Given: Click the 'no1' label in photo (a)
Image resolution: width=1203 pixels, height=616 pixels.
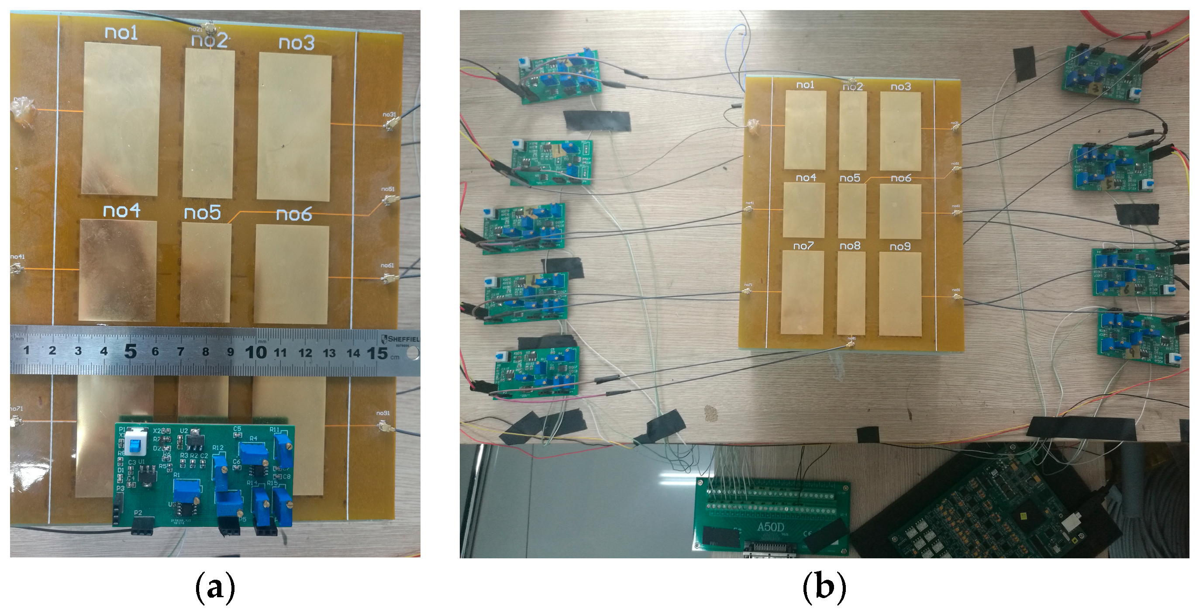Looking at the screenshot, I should click(x=121, y=33).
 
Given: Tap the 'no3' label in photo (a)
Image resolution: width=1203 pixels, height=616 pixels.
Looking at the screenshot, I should click(x=296, y=42).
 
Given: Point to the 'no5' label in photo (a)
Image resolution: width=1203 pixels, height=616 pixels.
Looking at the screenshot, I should click(x=202, y=213).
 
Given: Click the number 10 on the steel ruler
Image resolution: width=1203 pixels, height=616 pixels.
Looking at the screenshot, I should click(x=255, y=352).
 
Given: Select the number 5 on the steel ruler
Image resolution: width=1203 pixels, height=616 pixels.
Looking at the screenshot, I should click(x=130, y=351).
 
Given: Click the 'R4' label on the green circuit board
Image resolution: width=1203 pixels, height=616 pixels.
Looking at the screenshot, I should click(x=253, y=438).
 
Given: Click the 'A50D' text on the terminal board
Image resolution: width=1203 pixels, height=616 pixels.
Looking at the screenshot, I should click(x=770, y=527).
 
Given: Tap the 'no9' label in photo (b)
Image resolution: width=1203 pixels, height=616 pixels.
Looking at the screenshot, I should click(x=900, y=246).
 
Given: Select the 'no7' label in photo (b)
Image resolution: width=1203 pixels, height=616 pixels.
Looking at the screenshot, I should click(x=803, y=246).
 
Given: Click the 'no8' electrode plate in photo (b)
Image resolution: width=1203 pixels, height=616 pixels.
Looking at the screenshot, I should click(x=851, y=294).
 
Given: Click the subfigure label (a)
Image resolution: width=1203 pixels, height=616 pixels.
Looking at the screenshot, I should click(x=214, y=588).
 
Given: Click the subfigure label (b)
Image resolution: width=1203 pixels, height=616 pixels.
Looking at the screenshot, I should click(x=824, y=588).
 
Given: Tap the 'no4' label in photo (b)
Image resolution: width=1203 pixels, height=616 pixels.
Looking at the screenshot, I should click(x=806, y=178).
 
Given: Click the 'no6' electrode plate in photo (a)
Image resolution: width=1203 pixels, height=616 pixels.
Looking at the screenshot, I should click(x=291, y=274).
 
